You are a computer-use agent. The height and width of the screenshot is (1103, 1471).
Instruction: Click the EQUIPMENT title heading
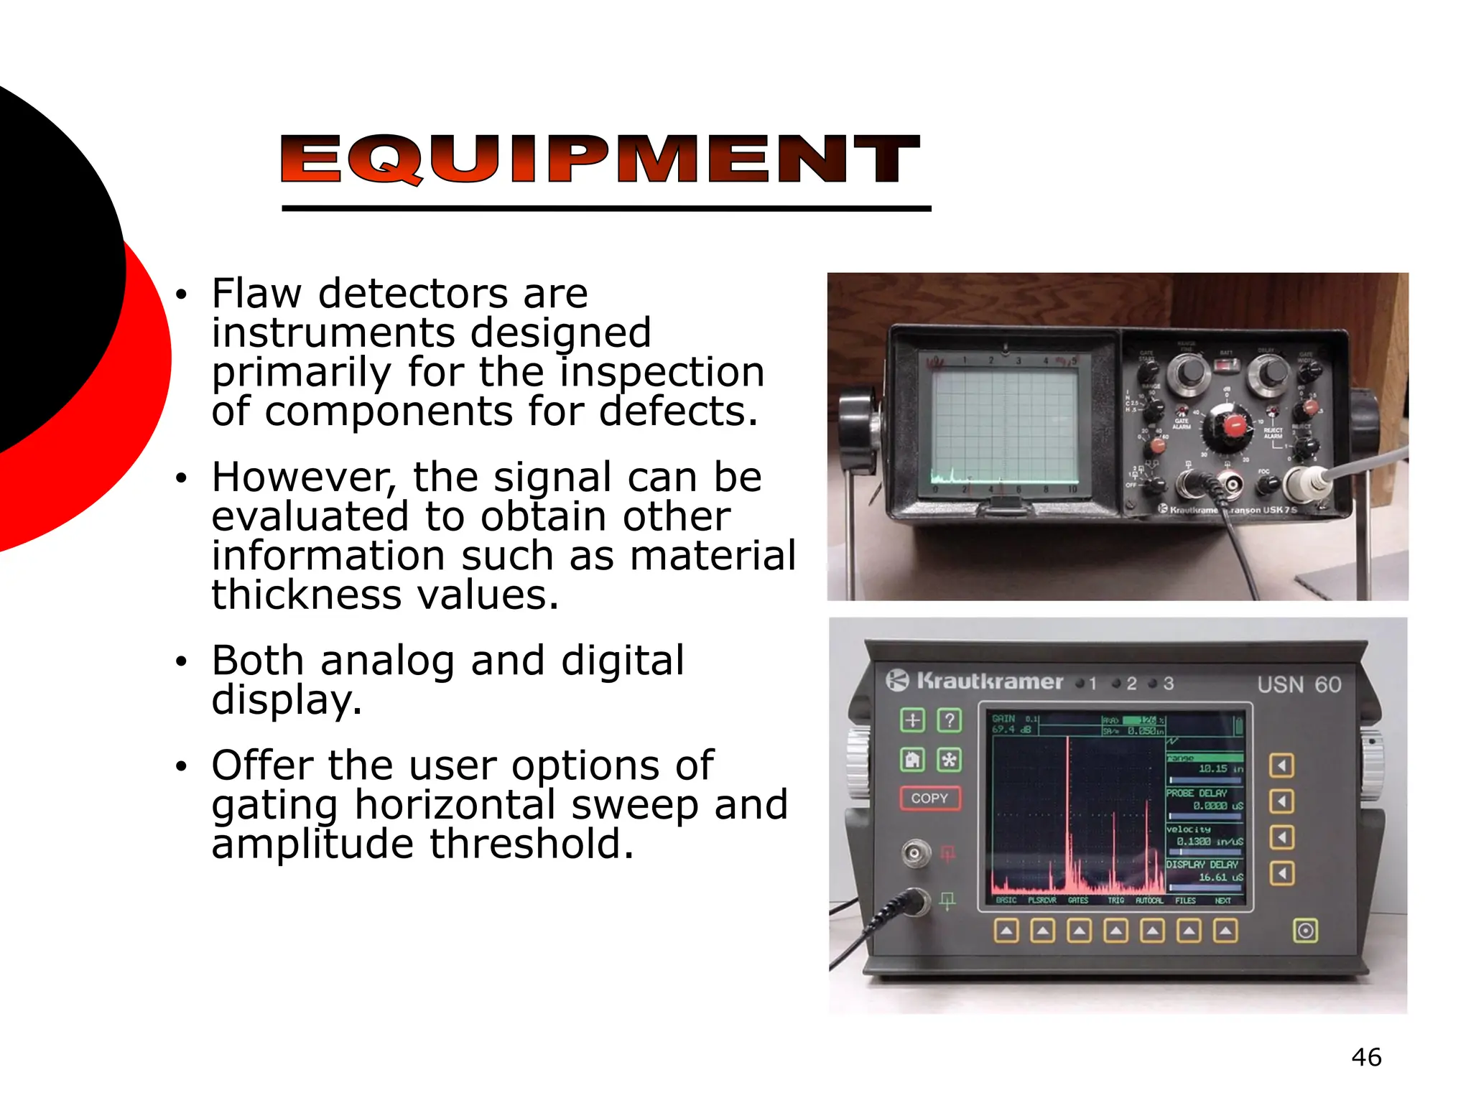click(600, 159)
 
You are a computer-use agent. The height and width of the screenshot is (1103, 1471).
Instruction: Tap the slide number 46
click(1365, 1057)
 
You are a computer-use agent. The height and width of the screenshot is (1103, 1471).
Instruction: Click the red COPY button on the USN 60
click(929, 798)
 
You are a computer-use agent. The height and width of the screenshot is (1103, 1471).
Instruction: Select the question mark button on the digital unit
click(950, 720)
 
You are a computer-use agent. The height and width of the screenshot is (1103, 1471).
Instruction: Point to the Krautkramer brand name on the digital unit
click(989, 681)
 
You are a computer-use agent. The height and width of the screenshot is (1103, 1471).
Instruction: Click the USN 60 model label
click(1299, 684)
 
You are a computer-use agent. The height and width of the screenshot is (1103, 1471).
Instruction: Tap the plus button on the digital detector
click(912, 720)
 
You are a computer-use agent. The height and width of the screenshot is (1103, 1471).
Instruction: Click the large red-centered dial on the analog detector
click(1235, 425)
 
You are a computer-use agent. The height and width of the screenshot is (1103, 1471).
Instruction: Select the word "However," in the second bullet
click(305, 478)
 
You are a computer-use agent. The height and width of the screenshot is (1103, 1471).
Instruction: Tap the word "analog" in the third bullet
click(387, 661)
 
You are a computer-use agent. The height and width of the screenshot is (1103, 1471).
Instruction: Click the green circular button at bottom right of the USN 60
click(1305, 931)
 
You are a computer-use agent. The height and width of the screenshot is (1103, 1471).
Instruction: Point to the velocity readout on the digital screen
click(1204, 835)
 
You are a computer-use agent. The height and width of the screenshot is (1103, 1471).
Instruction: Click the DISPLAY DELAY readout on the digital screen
click(1204, 870)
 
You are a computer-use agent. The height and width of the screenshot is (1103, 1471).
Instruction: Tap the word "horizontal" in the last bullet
click(455, 805)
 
